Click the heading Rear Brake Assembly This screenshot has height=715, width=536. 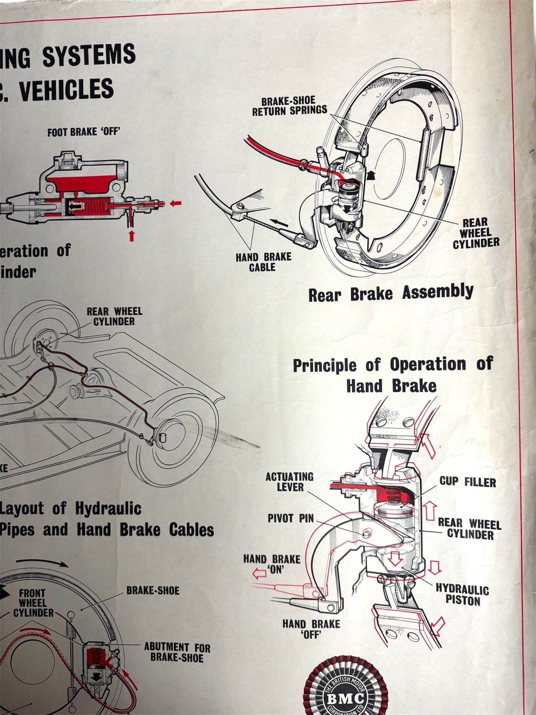391,293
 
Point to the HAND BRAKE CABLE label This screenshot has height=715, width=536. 263,262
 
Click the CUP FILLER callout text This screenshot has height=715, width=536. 467,482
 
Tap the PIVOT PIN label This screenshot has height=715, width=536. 290,518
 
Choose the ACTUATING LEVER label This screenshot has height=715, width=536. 289,482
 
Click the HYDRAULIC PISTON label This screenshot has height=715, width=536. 462,595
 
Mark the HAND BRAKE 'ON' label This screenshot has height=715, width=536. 272,564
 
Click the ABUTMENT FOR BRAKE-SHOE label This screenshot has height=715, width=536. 177,652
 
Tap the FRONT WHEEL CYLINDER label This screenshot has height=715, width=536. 33,603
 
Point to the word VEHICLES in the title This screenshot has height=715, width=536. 67,89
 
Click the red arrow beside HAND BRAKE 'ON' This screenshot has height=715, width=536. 259,574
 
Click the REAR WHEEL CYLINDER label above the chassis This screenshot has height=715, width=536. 114,316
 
